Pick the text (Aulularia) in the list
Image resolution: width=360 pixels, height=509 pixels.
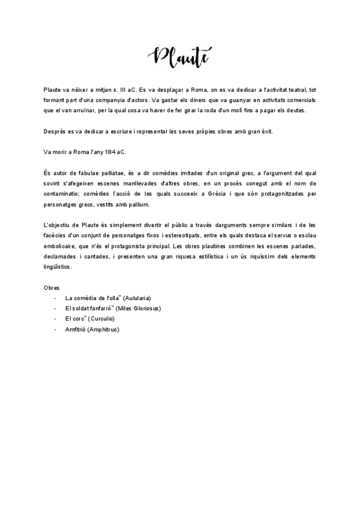(136, 298)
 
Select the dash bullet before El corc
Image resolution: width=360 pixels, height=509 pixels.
(55, 319)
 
